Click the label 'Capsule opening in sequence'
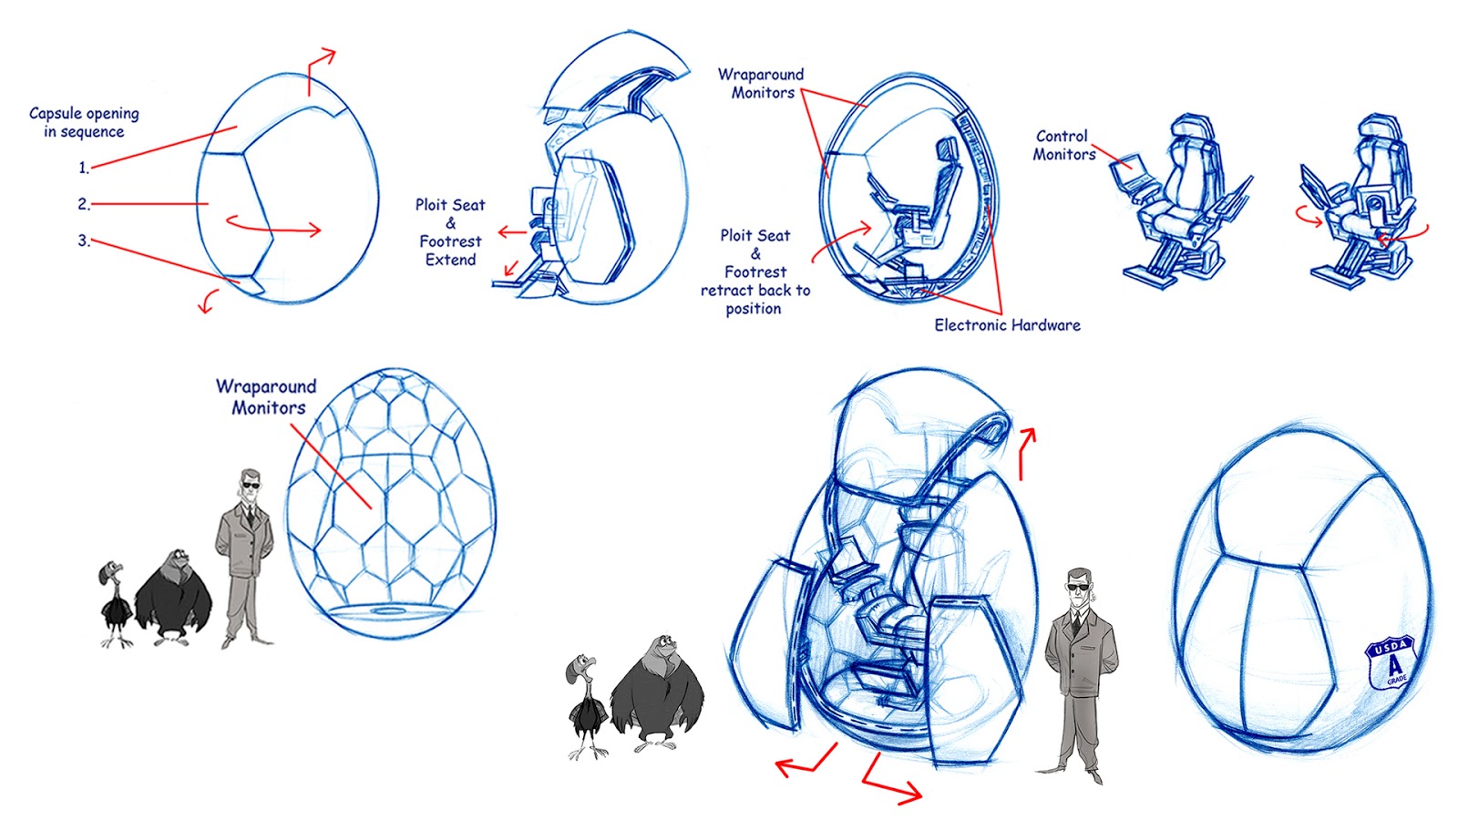pyautogui.click(x=84, y=122)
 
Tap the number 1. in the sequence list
pyautogui.click(x=83, y=168)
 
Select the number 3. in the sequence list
pyautogui.click(x=83, y=241)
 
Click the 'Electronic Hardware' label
pyautogui.click(x=1007, y=325)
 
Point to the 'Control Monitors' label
pyautogui.click(x=1063, y=145)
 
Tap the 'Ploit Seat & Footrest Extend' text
pyautogui.click(x=450, y=232)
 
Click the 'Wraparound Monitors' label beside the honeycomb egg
pyautogui.click(x=267, y=397)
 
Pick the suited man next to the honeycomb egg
pyautogui.click(x=244, y=556)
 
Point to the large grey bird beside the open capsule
pyautogui.click(x=656, y=692)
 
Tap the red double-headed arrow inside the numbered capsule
pyautogui.click(x=273, y=226)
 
